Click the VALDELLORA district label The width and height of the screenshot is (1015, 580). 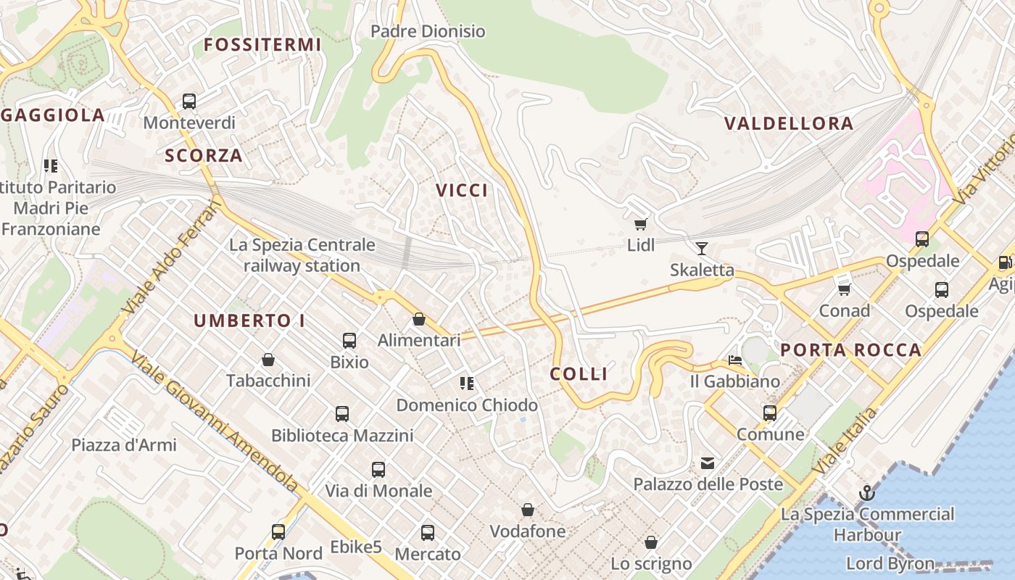(x=789, y=123)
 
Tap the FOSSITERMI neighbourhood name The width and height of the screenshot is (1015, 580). (x=262, y=45)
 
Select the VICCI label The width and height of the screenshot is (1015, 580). (x=462, y=191)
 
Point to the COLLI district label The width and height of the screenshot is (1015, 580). (x=579, y=374)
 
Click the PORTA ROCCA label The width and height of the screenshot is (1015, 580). (x=850, y=351)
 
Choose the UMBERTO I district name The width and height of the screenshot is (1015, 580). (x=249, y=320)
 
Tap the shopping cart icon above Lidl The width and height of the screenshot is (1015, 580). (x=640, y=224)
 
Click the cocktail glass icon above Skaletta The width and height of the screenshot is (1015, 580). (x=701, y=249)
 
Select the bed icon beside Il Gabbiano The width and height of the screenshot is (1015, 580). (x=735, y=360)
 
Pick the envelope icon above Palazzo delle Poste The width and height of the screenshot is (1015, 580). (x=707, y=463)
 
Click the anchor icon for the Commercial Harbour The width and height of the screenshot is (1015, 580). (x=866, y=494)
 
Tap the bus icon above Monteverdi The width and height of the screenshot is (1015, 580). (x=189, y=101)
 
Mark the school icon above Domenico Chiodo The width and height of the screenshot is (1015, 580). (x=467, y=384)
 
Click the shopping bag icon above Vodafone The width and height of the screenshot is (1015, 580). (x=528, y=510)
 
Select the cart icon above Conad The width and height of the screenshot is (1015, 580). (x=844, y=289)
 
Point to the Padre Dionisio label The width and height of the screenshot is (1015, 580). (x=428, y=31)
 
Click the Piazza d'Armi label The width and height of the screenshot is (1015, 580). (x=123, y=444)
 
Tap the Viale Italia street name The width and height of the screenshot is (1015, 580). (x=845, y=442)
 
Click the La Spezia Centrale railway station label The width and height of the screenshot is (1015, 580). (x=302, y=255)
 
